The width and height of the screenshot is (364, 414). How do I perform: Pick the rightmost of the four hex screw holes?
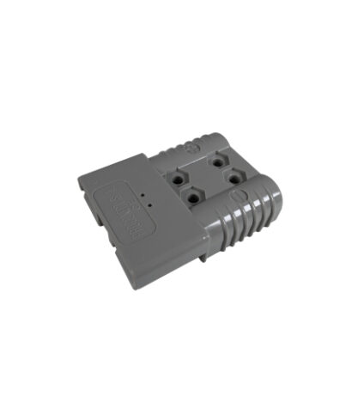click(x=230, y=180)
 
